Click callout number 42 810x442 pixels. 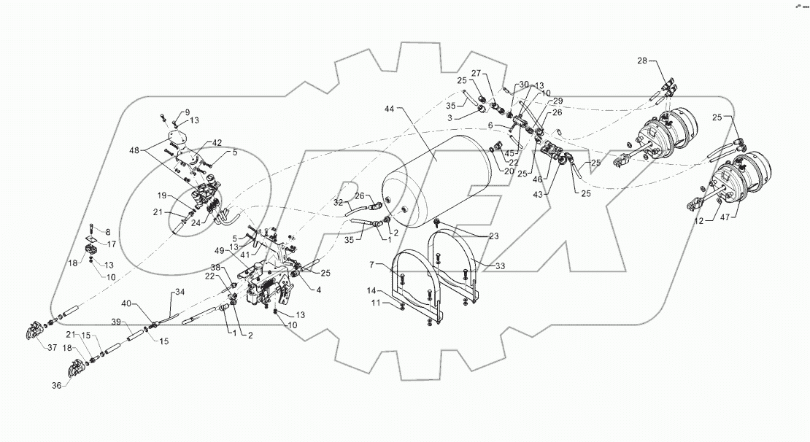217,142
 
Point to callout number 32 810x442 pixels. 339,202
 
